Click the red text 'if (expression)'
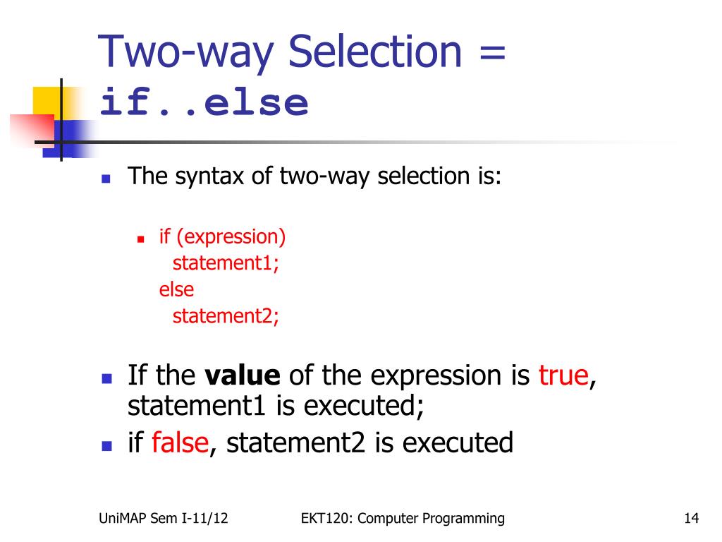(222, 236)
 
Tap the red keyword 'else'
(176, 289)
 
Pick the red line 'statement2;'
(226, 315)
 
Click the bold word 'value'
(243, 375)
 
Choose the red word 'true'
(563, 375)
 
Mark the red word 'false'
(180, 442)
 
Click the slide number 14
(690, 519)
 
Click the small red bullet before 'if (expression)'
(141, 239)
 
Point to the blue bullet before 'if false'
(107, 446)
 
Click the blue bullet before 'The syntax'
(107, 179)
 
